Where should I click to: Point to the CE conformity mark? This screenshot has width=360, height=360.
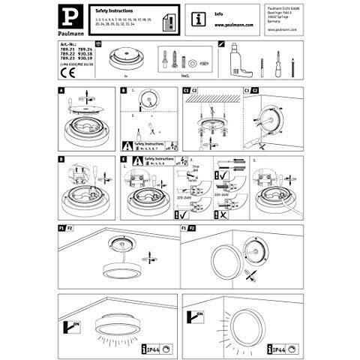(64, 74)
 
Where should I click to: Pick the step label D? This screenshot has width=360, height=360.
(61, 159)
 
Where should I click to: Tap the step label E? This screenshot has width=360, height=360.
(122, 159)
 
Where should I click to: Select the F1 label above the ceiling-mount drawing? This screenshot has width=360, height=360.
(60, 226)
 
